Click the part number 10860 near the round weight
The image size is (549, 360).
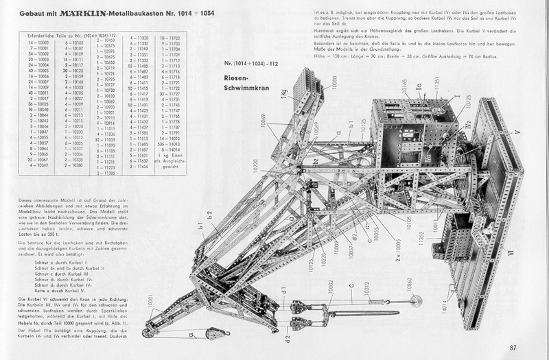click(410, 283)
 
